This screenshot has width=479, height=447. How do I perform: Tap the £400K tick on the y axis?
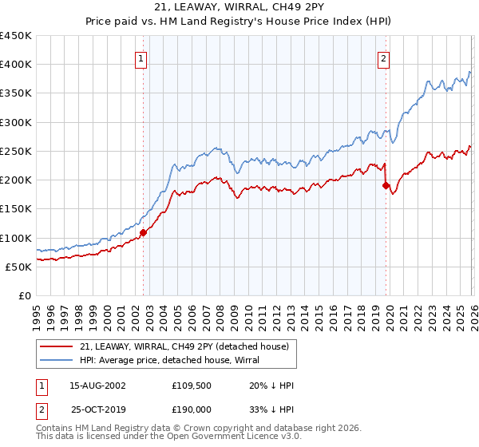[x=16, y=65]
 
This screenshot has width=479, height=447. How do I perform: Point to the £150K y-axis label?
[x=16, y=209]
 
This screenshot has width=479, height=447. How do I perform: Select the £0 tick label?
[x=24, y=295]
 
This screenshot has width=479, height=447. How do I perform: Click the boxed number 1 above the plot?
[x=141, y=57]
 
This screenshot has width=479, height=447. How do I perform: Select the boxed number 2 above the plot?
[x=384, y=57]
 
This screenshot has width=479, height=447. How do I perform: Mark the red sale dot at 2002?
[x=144, y=232]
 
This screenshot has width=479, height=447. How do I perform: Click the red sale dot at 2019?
[x=386, y=185]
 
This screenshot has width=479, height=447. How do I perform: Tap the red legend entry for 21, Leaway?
[x=188, y=346]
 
